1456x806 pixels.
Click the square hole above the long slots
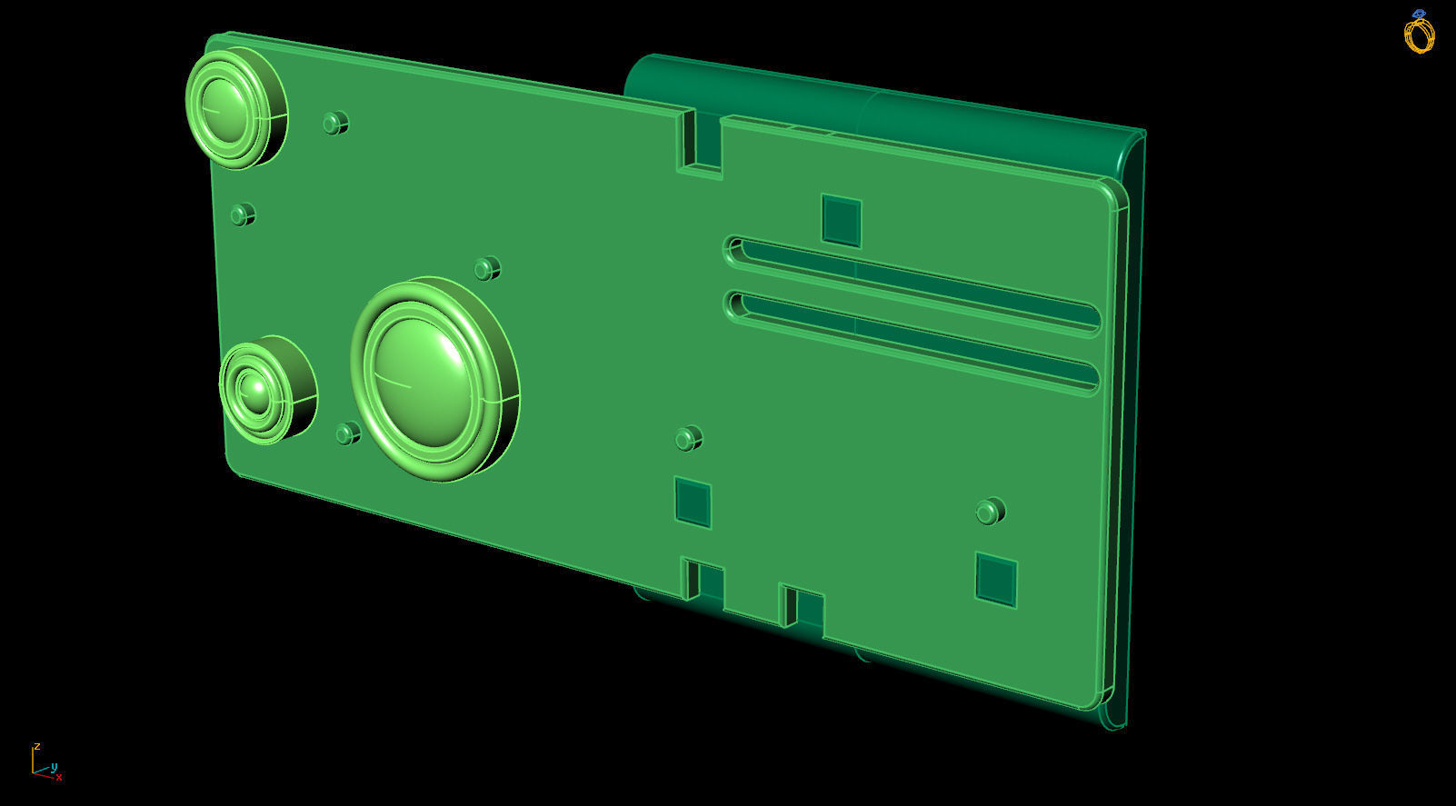(842, 220)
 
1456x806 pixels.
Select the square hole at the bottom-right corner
(995, 579)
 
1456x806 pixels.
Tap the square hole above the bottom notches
(693, 502)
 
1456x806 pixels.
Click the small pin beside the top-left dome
(335, 123)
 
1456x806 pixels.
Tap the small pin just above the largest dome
(487, 269)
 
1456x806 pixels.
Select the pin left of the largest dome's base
(347, 434)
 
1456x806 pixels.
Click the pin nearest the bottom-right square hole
(989, 512)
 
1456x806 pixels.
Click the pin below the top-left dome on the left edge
(242, 215)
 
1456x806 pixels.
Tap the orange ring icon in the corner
(1419, 34)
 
